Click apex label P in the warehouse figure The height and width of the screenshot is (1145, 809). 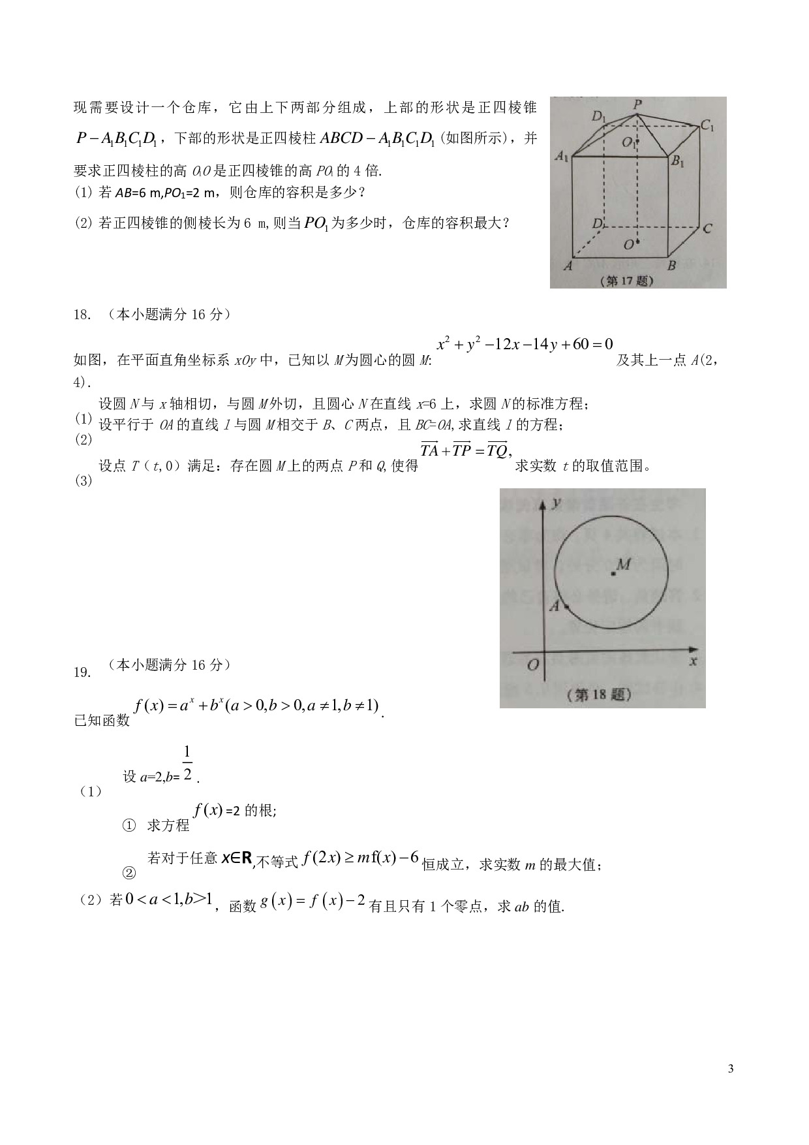[637, 104]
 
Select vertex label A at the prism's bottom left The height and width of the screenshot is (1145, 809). [568, 266]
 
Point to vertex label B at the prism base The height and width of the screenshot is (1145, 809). [671, 266]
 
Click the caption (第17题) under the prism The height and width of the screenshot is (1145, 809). [630, 281]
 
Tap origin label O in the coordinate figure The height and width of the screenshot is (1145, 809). [532, 665]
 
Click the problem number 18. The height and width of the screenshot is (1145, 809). [82, 315]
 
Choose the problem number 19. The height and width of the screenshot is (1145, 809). [82, 672]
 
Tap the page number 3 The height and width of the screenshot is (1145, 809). [730, 1069]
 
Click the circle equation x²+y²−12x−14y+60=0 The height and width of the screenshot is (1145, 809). [525, 344]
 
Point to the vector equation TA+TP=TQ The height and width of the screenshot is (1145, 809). [465, 450]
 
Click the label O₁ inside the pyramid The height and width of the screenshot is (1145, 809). [630, 143]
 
